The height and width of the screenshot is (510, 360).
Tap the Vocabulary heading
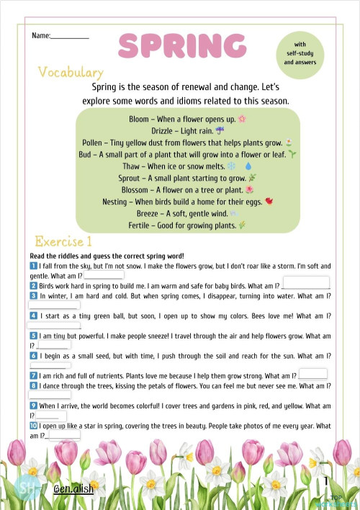click(71, 73)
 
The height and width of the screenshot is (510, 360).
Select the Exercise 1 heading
click(63, 241)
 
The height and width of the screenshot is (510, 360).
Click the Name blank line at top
click(70, 36)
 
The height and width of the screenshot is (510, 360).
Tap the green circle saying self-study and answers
click(300, 53)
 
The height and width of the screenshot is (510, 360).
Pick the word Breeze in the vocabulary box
click(149, 213)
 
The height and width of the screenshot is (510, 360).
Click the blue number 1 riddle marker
click(34, 266)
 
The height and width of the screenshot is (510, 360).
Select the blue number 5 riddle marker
click(34, 336)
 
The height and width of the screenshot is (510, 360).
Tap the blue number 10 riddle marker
click(34, 426)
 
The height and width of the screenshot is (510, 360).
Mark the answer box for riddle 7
click(313, 373)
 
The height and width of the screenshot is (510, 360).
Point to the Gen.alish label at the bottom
click(74, 490)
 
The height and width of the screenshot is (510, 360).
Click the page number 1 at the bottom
click(326, 481)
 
